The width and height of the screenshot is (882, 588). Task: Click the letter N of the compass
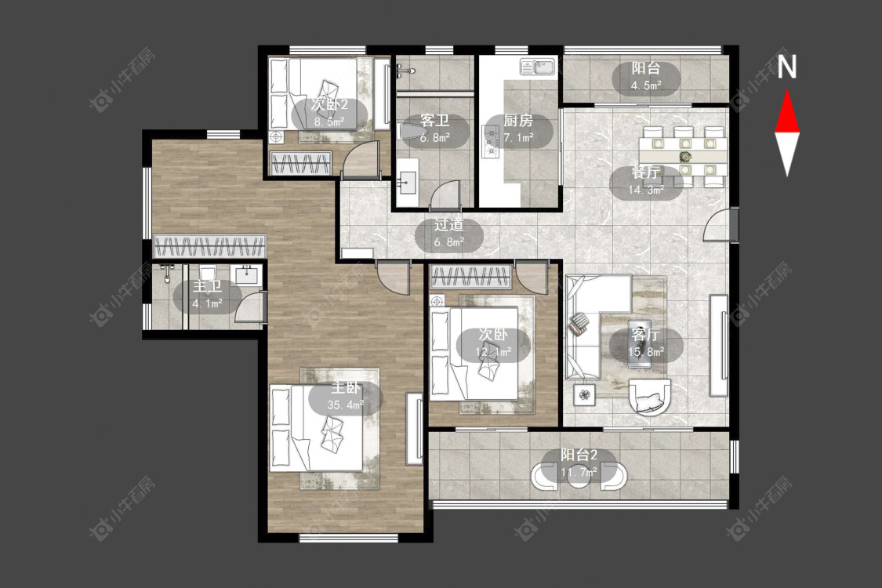[x=787, y=67]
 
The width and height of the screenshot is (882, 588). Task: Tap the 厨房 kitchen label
[x=517, y=121]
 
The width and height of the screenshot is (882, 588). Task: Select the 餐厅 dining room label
[x=645, y=172]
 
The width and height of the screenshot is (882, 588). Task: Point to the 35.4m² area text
[x=346, y=405]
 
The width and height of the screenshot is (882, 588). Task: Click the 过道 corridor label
[x=449, y=225]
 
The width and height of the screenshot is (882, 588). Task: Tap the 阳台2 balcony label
[x=579, y=455]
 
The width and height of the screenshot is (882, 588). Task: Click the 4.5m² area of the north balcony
[x=646, y=85]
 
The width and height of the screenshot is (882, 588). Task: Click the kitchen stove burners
[x=491, y=142]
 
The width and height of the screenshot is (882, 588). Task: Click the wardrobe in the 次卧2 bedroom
[x=301, y=163]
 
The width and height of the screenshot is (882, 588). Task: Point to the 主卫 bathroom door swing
[x=248, y=307]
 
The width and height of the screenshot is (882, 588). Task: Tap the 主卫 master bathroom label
[x=208, y=286]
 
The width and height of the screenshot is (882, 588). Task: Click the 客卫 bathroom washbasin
[x=407, y=176]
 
